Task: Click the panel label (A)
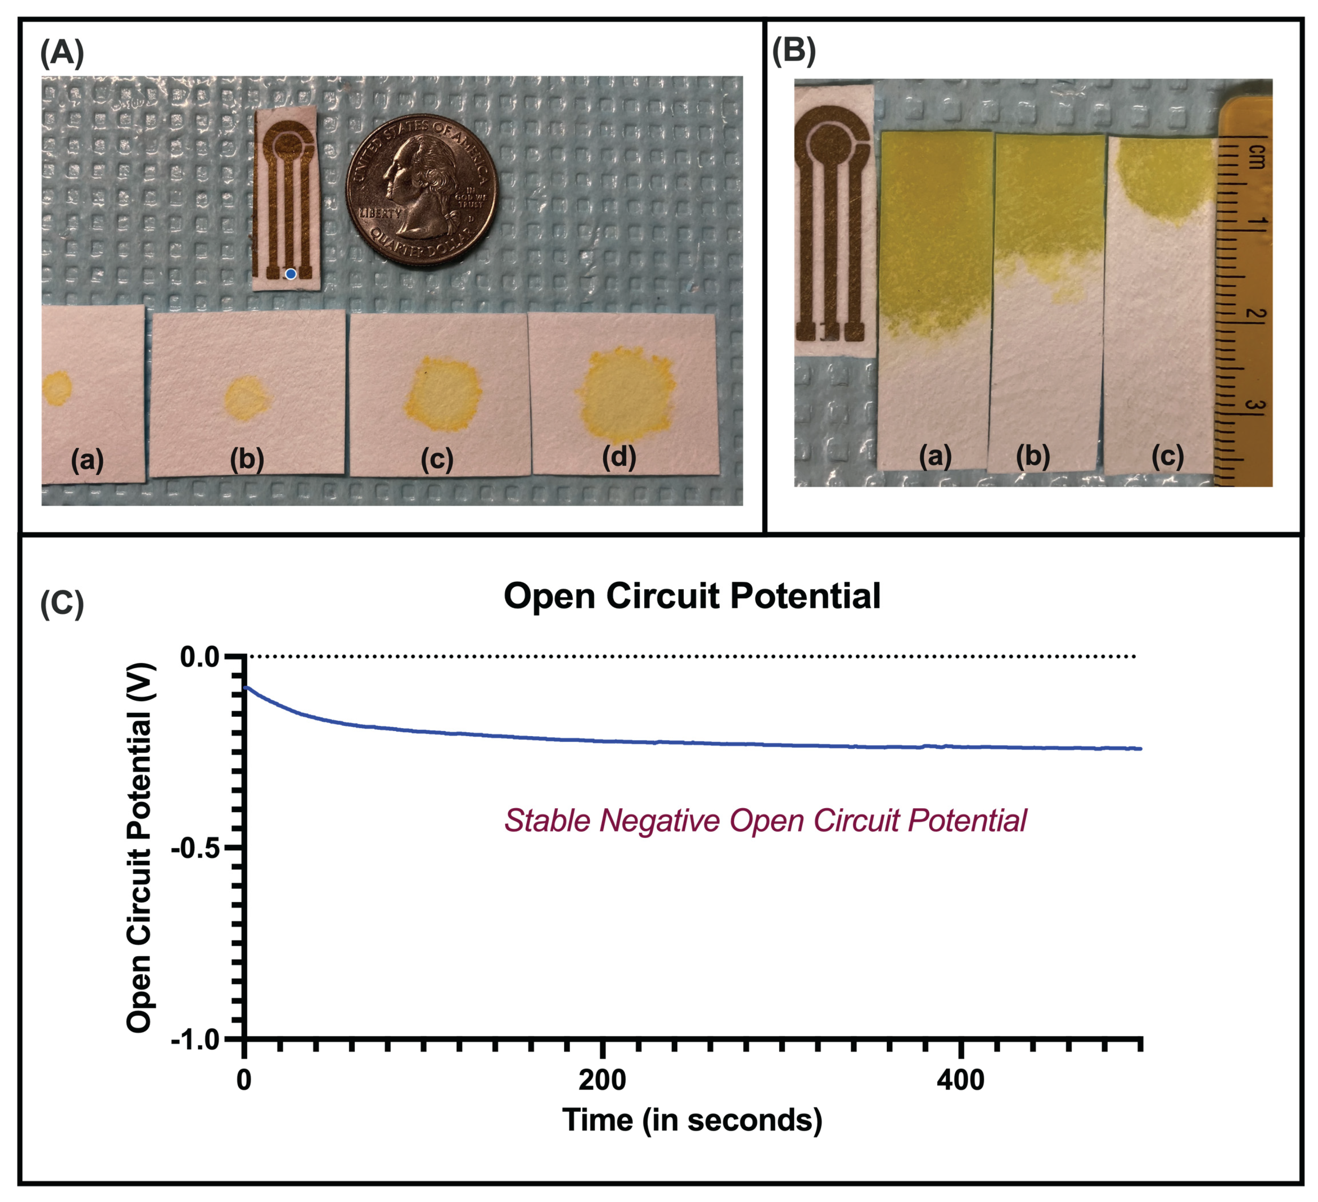(x=62, y=52)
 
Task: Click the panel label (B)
(x=794, y=51)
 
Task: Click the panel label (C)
(x=62, y=603)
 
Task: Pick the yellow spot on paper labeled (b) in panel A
(x=247, y=397)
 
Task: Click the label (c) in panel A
(x=437, y=460)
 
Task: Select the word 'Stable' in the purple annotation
(x=546, y=821)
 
